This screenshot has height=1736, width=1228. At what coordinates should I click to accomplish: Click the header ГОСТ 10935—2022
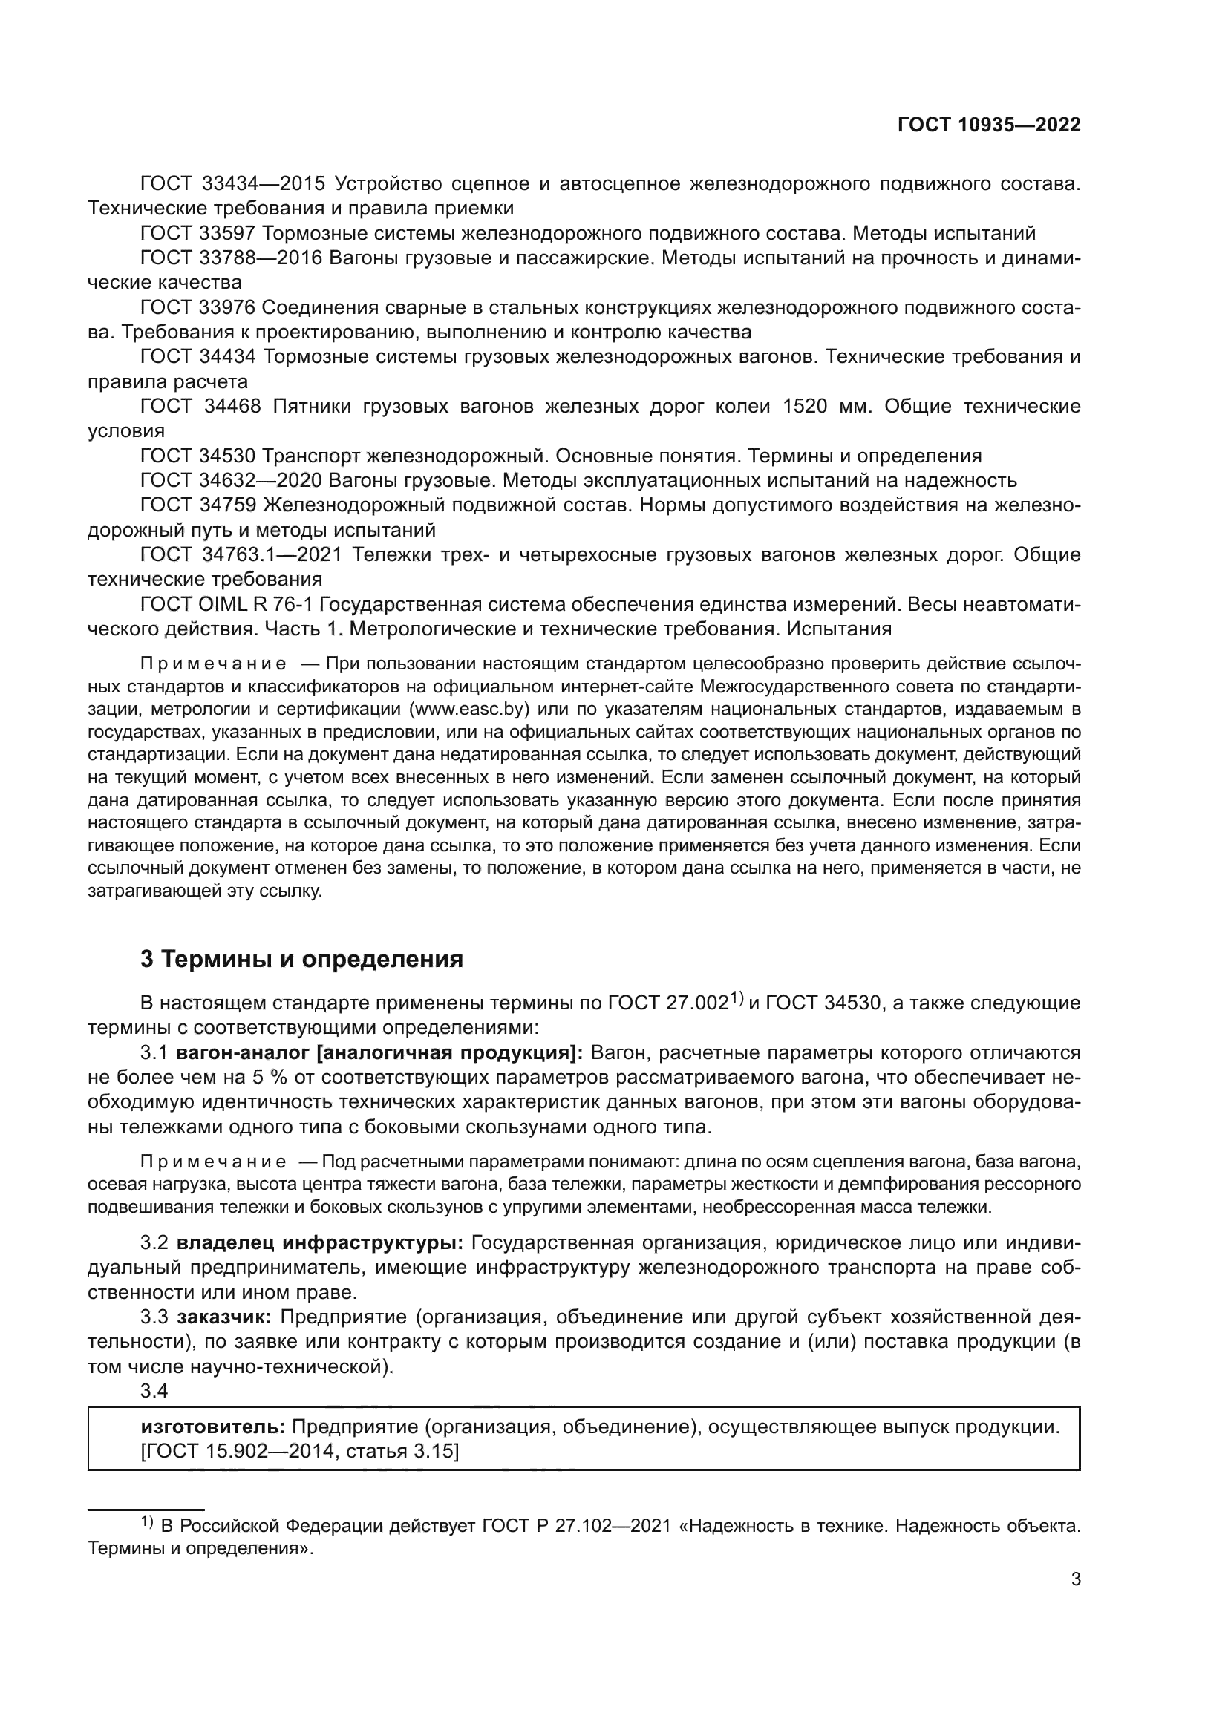point(989,125)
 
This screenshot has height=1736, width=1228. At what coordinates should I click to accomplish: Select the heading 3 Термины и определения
point(301,960)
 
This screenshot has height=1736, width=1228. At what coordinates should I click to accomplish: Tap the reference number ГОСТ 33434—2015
point(232,184)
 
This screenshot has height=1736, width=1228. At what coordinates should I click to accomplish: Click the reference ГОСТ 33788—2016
point(232,258)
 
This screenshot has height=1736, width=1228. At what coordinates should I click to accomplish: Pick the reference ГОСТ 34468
point(200,407)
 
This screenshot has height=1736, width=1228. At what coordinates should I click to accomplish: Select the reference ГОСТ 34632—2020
point(232,481)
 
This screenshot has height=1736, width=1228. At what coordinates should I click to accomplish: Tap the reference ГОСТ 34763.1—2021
point(241,555)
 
